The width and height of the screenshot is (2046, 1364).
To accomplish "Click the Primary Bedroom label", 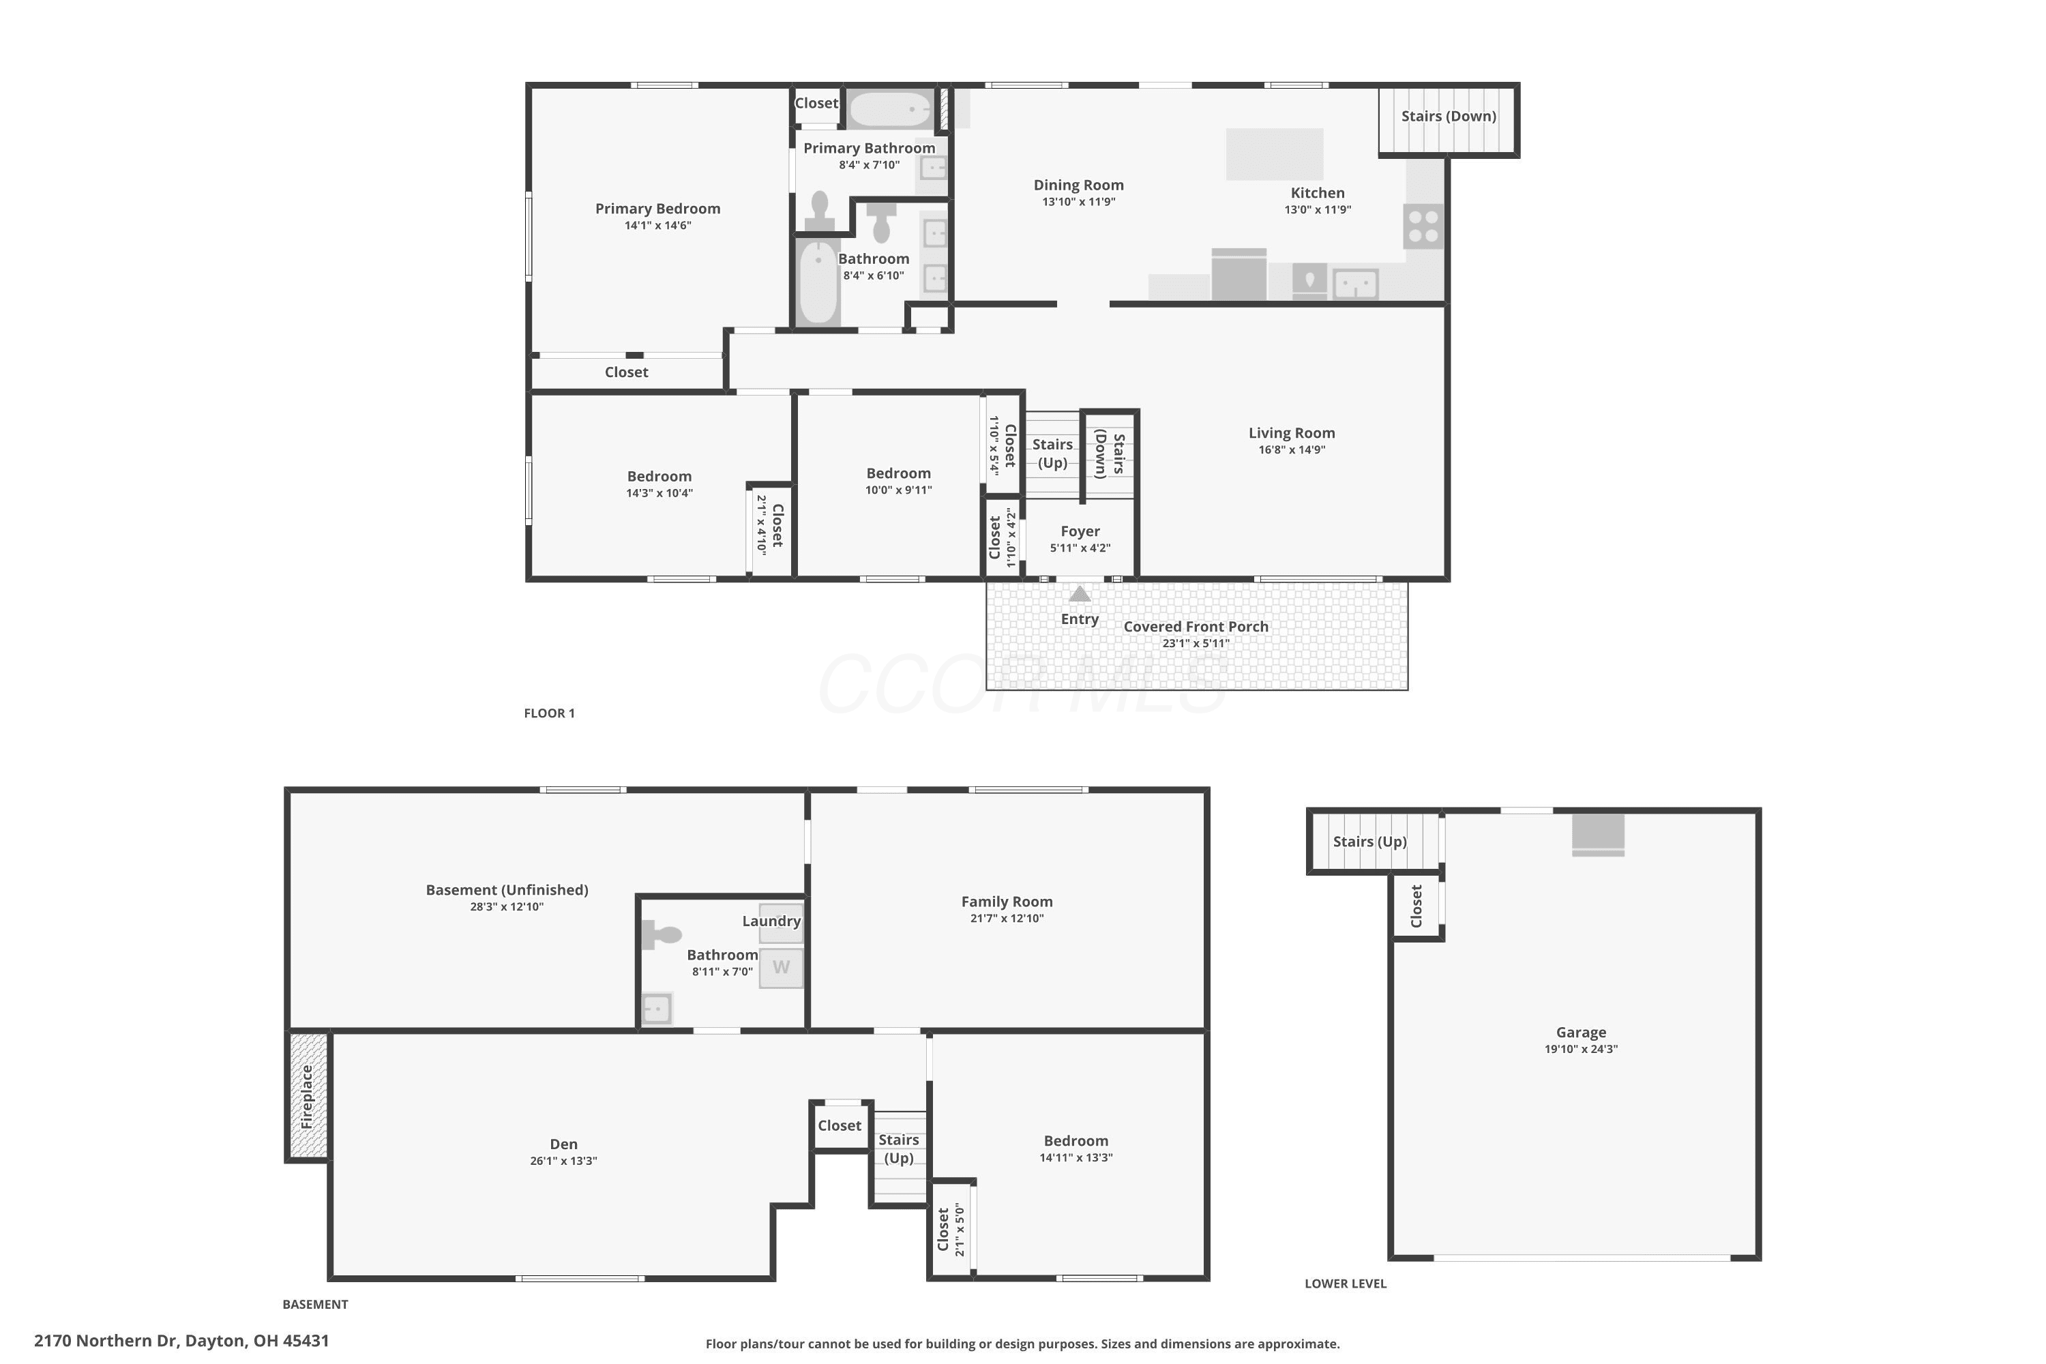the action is (x=657, y=209).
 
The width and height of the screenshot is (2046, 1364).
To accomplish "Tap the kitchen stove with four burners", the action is (x=1423, y=226).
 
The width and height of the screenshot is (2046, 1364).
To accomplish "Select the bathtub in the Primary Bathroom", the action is (x=890, y=110).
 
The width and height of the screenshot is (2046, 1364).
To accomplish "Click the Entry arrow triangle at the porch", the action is (x=1080, y=594).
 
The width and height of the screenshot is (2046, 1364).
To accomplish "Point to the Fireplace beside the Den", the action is (x=308, y=1096).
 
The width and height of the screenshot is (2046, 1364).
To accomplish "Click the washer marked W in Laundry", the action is (x=781, y=967).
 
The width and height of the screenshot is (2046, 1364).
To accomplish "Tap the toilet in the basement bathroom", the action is (x=661, y=935).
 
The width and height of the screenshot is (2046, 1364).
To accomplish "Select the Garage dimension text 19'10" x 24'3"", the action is (x=1581, y=1049).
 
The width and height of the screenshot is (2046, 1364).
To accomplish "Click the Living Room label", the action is (x=1292, y=433).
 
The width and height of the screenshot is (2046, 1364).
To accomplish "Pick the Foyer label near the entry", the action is (x=1080, y=531).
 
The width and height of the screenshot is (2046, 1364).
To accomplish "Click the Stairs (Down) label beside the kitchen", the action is (x=1449, y=117).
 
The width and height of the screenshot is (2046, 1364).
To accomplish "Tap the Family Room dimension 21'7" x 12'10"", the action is (x=1007, y=919).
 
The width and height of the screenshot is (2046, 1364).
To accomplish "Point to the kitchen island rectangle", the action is (x=1275, y=154).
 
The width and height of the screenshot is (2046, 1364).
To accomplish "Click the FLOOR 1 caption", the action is (x=549, y=713).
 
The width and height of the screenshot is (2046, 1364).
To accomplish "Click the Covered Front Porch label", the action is (x=1196, y=626).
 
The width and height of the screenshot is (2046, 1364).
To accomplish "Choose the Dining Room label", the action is (x=1079, y=186).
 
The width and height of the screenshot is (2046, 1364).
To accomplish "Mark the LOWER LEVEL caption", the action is (x=1346, y=1284).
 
